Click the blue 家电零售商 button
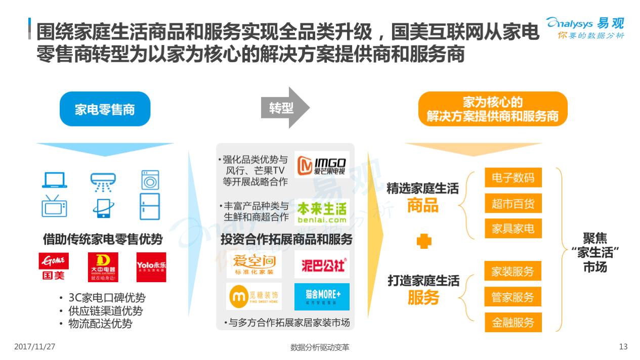point(105,109)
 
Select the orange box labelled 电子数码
point(513,177)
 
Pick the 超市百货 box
point(513,203)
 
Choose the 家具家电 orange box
point(513,229)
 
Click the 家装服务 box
point(513,271)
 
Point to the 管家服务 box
point(513,297)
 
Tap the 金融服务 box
point(513,322)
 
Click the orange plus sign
point(423,242)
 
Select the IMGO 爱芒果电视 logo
point(322,165)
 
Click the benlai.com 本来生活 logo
point(322,212)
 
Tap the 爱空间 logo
point(254,264)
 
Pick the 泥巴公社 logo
point(322,264)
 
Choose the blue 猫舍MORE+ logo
point(322,296)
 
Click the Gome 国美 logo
point(54,266)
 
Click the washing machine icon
point(150,180)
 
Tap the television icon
point(54,206)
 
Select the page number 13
point(623,347)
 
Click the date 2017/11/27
point(34,347)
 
